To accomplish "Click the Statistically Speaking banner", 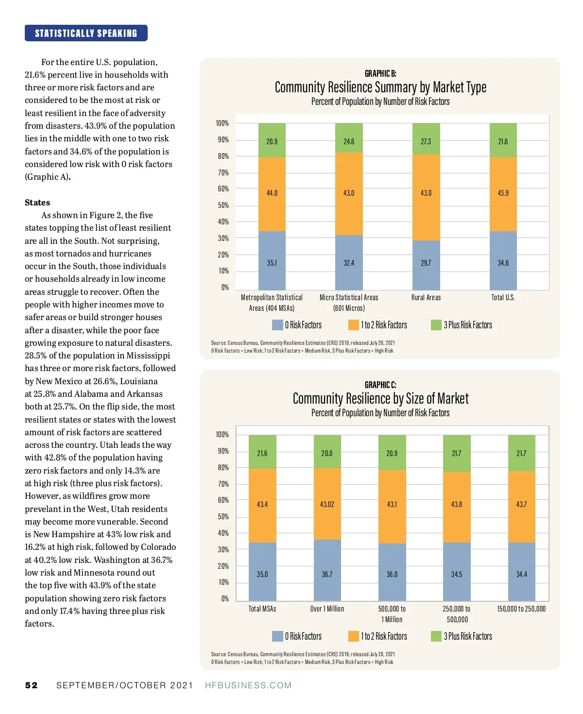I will point(86,33).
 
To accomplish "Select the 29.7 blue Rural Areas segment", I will point(426,265).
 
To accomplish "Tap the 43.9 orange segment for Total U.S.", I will point(503,194).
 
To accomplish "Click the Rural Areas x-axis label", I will point(426,297).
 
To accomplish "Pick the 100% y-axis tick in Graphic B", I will point(222,123).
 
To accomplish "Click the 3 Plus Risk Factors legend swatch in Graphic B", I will point(436,325).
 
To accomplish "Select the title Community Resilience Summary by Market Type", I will point(380,87).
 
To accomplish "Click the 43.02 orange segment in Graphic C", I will point(327,504).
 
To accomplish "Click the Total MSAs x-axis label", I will point(262,609).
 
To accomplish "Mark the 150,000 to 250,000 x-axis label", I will point(521,609).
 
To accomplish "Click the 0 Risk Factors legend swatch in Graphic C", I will point(277,636).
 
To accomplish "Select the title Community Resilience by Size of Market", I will point(380,399).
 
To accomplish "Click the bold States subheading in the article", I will point(37,203).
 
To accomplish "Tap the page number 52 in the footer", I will point(31,685).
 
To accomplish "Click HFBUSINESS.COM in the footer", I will point(248,685).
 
